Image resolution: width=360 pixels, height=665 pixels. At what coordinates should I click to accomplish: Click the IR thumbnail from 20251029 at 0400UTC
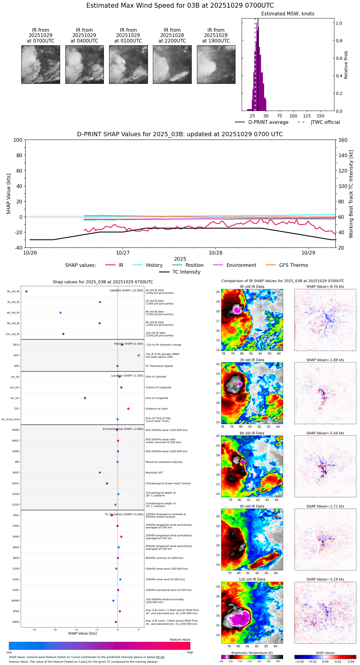pyautogui.click(x=84, y=64)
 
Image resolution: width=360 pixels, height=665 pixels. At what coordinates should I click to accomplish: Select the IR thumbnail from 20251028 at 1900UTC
pyautogui.click(x=216, y=64)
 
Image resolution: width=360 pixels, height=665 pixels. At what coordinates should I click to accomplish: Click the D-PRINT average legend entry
pyautogui.click(x=268, y=122)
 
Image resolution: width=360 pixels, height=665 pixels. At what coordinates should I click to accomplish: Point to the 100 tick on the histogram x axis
pyautogui.click(x=293, y=116)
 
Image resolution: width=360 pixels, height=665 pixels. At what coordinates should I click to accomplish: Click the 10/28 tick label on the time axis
pyautogui.click(x=215, y=253)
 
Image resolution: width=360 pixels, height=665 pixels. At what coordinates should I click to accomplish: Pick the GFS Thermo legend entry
pyautogui.click(x=293, y=265)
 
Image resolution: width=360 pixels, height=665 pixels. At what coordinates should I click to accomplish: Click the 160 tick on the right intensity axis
pyautogui.click(x=343, y=140)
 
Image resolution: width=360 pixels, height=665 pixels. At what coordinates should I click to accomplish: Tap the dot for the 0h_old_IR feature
pyautogui.click(x=27, y=291)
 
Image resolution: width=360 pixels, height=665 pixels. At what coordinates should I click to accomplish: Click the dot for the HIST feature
pyautogui.click(x=139, y=355)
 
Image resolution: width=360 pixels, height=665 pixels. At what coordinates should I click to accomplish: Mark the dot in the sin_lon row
pyautogui.click(x=85, y=398)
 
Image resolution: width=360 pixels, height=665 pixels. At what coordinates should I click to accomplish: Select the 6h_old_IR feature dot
pyautogui.click(x=60, y=313)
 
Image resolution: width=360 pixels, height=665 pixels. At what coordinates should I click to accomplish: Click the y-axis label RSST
pyautogui.click(x=16, y=473)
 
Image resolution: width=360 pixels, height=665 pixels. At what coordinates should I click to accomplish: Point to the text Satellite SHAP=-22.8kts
pyautogui.click(x=126, y=291)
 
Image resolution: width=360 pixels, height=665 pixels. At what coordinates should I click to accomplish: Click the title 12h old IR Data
pyautogui.click(x=252, y=579)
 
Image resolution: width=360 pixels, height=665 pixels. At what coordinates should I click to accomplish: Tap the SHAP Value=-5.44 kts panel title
pyautogui.click(x=325, y=433)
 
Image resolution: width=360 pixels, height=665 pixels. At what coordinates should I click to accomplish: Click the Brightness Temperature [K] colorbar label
pyautogui.click(x=252, y=653)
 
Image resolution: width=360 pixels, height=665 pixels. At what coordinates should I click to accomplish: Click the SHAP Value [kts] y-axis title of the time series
pyautogui.click(x=9, y=194)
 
